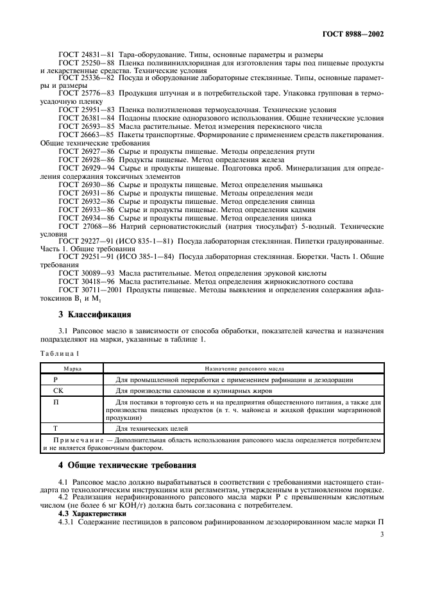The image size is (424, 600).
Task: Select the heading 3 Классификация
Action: [94, 315]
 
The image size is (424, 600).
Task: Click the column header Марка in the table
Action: [71, 369]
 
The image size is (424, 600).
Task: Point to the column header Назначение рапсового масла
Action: [244, 369]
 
